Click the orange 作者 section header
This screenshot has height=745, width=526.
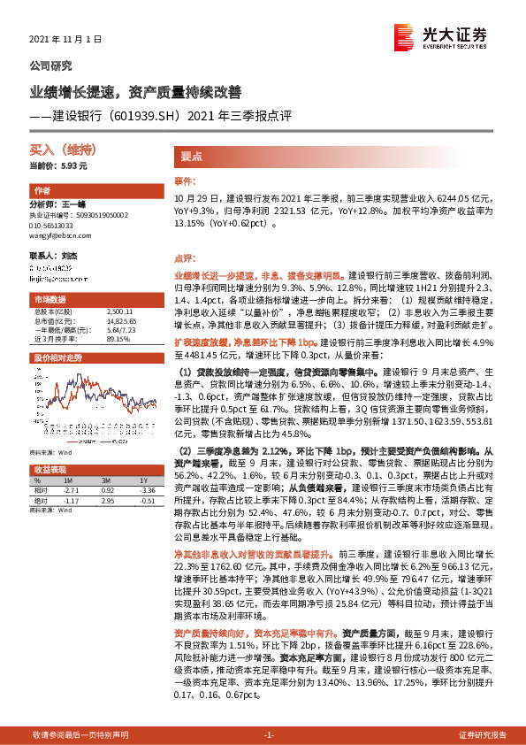(x=42, y=191)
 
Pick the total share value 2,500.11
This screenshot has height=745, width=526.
(x=118, y=311)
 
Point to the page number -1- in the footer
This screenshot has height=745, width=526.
(x=270, y=734)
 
